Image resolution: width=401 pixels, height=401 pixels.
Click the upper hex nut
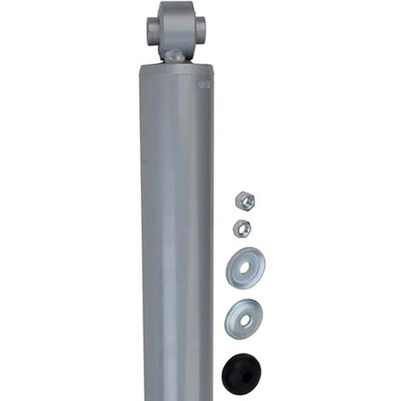tap(245, 200)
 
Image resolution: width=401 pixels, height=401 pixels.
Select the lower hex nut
tap(242, 228)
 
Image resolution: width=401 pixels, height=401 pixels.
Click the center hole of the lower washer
tap(244, 320)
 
